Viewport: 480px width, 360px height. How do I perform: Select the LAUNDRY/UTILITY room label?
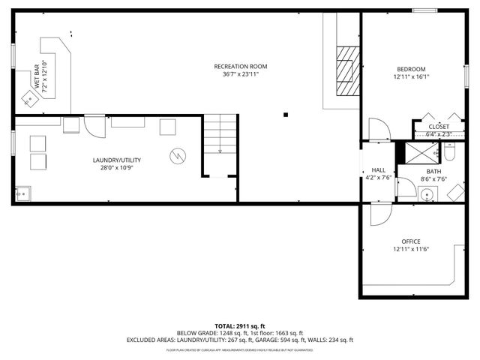[116, 160]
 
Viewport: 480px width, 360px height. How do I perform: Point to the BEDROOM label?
[410, 69]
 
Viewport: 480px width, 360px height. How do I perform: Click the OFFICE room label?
[411, 241]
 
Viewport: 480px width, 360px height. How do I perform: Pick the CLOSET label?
[439, 127]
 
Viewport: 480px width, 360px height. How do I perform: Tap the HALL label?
[378, 170]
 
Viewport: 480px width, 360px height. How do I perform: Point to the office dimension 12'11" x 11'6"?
[411, 250]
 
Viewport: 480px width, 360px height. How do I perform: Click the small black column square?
[286, 115]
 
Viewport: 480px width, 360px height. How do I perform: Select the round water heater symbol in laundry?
[178, 156]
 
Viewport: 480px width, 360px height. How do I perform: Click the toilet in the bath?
[450, 153]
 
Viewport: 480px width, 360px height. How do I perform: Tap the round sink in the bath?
[427, 196]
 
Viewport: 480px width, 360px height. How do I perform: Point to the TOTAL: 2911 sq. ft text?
[239, 325]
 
